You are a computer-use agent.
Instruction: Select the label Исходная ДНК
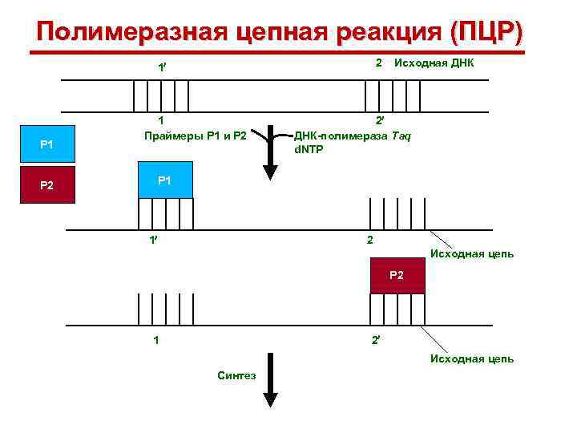point(434,63)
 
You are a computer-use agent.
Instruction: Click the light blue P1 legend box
point(46,144)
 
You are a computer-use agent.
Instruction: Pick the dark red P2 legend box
point(46,185)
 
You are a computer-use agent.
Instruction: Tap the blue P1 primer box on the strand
point(164,180)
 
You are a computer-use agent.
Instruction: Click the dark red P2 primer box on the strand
point(397,276)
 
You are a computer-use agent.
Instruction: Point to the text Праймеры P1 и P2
point(195,135)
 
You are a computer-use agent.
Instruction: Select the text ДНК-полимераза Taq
point(353,136)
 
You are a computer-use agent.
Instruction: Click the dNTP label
point(309,149)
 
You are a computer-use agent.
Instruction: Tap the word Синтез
point(236,374)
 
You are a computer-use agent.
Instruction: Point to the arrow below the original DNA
point(271,152)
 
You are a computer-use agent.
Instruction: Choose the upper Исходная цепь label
point(472,254)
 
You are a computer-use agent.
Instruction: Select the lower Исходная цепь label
point(472,358)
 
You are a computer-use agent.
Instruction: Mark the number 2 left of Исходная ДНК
point(378,63)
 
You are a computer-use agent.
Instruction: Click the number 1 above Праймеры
point(160,121)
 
